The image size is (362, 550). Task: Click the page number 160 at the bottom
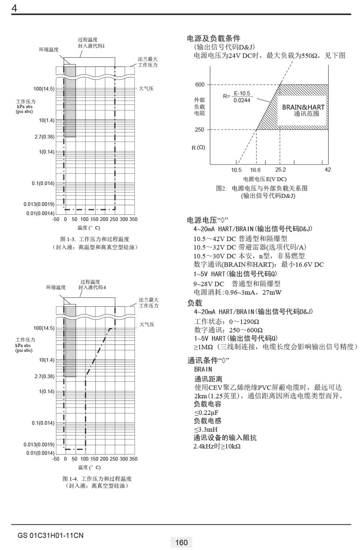coord(181,542)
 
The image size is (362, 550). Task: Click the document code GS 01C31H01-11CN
coord(50,535)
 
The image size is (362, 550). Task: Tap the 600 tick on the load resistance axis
coord(200,85)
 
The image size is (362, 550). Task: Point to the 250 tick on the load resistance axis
coord(199,130)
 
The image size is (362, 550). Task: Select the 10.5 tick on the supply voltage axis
coord(236,170)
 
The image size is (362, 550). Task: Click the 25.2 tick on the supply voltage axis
coord(280,170)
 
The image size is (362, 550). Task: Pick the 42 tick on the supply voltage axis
coord(328,170)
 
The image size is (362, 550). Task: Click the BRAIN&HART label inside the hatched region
coord(303,107)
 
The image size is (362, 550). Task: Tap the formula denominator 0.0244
coord(241,101)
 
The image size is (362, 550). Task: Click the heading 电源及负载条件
coord(214,39)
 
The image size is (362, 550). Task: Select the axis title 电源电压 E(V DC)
coord(265,179)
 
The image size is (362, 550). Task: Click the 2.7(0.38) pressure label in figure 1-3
coord(45,137)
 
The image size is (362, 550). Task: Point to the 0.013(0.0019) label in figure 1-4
coord(39,444)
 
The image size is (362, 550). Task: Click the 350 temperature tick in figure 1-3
coord(133,219)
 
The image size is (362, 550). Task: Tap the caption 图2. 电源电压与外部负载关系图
coord(262,188)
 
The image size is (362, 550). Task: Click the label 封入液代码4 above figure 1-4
coord(92,287)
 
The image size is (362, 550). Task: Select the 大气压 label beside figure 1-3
coord(146,88)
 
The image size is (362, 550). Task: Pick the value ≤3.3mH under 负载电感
coord(206,429)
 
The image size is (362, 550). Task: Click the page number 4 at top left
coord(14,8)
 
